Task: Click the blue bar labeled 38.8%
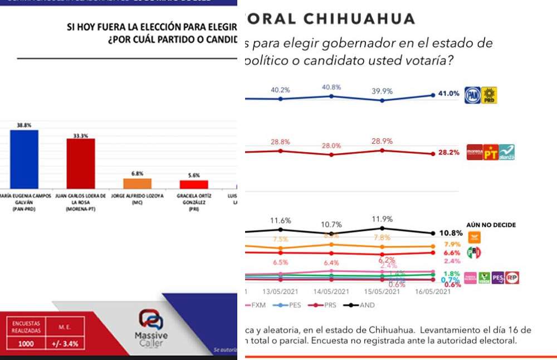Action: tap(25, 160)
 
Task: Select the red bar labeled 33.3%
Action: tap(81, 164)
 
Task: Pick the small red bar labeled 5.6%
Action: tap(193, 184)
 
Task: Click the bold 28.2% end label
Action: tap(448, 153)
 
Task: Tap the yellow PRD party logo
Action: tap(488, 95)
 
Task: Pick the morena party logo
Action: tap(475, 152)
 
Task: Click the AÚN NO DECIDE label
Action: tap(491, 225)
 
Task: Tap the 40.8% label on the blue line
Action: tap(331, 87)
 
